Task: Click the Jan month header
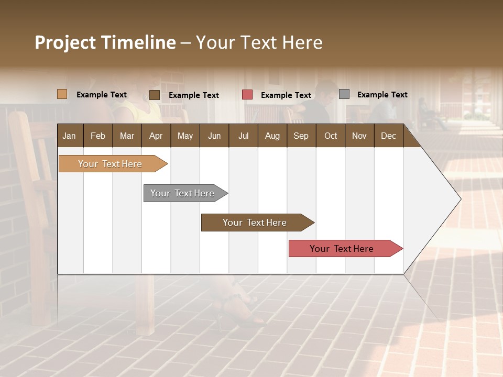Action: (69, 136)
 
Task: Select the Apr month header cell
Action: (156, 136)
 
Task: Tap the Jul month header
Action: (243, 136)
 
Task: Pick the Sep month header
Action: (301, 136)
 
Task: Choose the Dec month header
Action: (388, 136)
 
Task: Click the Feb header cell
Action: (98, 136)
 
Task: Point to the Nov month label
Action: (359, 136)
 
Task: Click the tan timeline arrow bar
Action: (110, 164)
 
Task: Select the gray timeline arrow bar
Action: (182, 193)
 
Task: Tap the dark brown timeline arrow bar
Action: (255, 223)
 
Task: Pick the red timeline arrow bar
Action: (342, 249)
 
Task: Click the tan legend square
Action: (62, 94)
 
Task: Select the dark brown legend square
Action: (154, 95)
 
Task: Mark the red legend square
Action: (247, 95)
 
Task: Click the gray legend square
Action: (344, 94)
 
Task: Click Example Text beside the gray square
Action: (382, 95)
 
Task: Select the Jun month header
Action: (214, 136)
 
